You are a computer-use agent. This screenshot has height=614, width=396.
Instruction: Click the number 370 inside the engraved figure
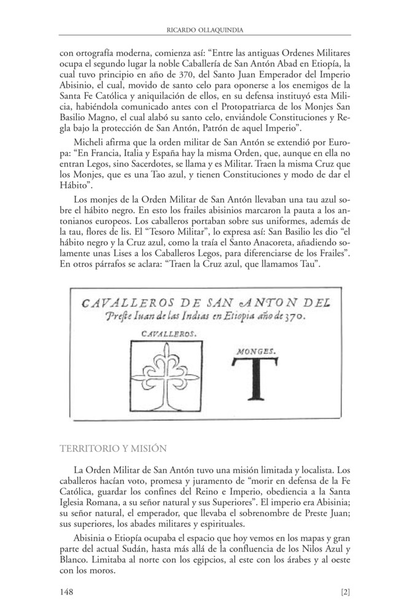[x=297, y=317]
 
